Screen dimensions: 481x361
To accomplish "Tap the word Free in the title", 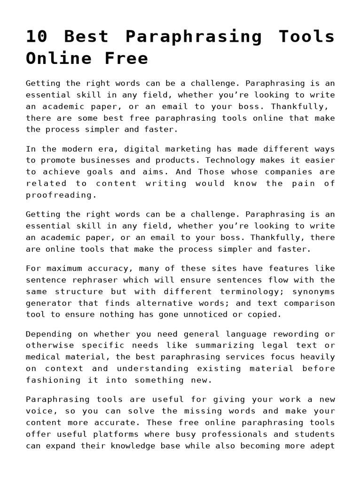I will coord(125,58).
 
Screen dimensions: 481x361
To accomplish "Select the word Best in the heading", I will coord(87,37).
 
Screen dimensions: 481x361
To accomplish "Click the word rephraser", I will coord(98,279).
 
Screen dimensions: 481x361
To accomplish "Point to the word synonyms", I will coord(315,291).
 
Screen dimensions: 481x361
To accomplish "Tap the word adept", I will coord(323,445).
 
